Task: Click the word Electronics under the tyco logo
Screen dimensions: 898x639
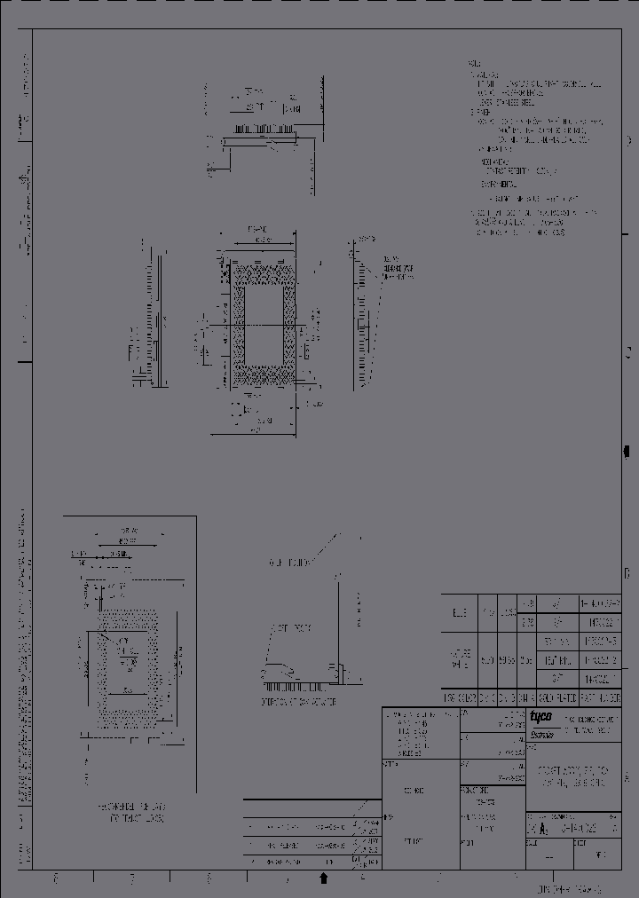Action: tap(540, 733)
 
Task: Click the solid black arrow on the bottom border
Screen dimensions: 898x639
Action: tap(324, 878)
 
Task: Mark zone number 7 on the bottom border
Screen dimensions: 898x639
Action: tap(131, 878)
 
